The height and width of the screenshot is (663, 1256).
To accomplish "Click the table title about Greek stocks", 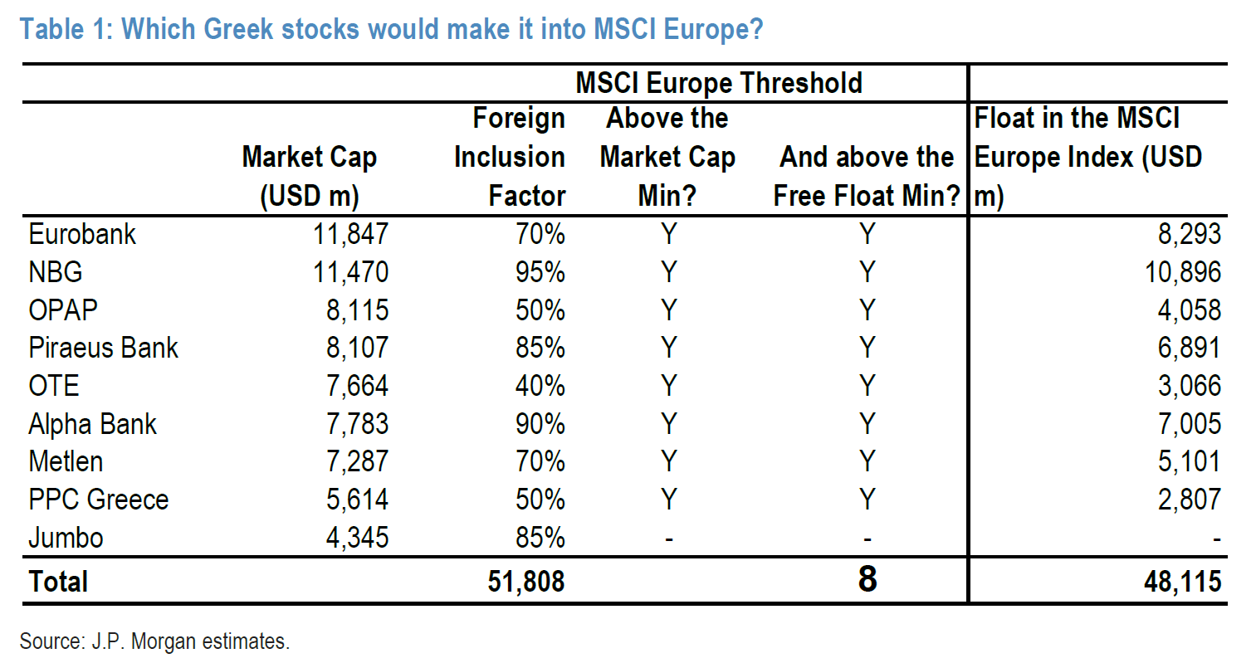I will coord(391,29).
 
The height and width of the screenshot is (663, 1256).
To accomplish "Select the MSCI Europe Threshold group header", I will coord(718,83).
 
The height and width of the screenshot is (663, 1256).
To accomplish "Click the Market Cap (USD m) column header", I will coord(309,176).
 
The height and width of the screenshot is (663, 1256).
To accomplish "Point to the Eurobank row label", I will coord(82,234).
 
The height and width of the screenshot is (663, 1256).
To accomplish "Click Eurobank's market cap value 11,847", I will coord(350,234).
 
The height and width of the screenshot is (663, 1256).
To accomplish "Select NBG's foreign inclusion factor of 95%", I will coord(540,272).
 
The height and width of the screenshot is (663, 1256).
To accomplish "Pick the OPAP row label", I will coord(63,310).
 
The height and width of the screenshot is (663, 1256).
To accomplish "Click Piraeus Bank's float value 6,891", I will coord(1190,348).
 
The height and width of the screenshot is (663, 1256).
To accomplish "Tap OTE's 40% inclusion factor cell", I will coord(540,386).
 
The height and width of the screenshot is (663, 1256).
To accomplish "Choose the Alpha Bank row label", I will coord(92,424).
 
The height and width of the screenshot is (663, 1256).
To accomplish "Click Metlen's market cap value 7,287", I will coord(357,461).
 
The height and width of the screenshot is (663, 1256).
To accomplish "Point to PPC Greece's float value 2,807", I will coord(1190,500).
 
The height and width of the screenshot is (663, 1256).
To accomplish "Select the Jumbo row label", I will coord(66,538).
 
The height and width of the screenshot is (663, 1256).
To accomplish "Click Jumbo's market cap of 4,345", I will coord(357,538).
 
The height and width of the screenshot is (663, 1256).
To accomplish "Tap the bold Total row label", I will coord(58,581).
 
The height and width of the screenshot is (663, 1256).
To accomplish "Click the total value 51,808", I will coord(526,581).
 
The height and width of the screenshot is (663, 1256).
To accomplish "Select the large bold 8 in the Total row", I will coord(867,579).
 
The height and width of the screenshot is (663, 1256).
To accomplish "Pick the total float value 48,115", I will coord(1182,581).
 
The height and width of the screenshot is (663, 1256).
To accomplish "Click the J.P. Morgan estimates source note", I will coord(154,641).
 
